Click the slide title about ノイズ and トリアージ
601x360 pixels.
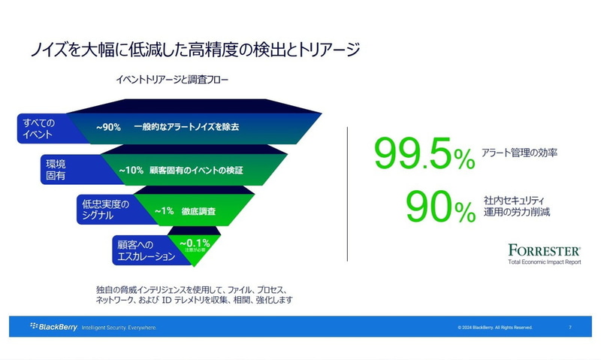pyautogui.click(x=195, y=50)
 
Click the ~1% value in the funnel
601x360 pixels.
pyautogui.click(x=164, y=211)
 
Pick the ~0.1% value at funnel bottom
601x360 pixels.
pyautogui.click(x=194, y=242)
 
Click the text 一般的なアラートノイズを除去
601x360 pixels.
pyautogui.click(x=191, y=127)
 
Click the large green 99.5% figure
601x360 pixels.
pyautogui.click(x=424, y=154)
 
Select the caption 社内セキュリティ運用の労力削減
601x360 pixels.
pyautogui.click(x=518, y=206)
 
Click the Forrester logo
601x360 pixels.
pyautogui.click(x=543, y=250)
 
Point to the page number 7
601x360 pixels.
pyautogui.click(x=570, y=328)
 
